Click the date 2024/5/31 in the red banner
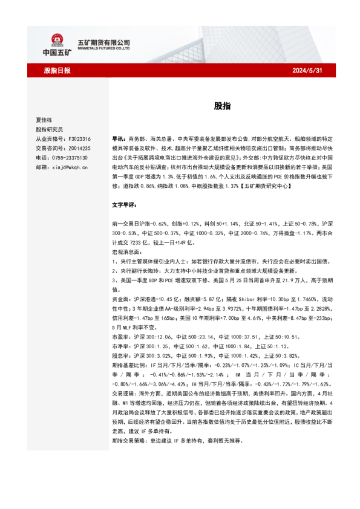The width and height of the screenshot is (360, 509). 306,71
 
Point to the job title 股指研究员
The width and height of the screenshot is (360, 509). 49,129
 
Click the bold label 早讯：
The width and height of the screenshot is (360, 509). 120,138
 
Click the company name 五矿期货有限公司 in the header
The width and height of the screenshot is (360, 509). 104,42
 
